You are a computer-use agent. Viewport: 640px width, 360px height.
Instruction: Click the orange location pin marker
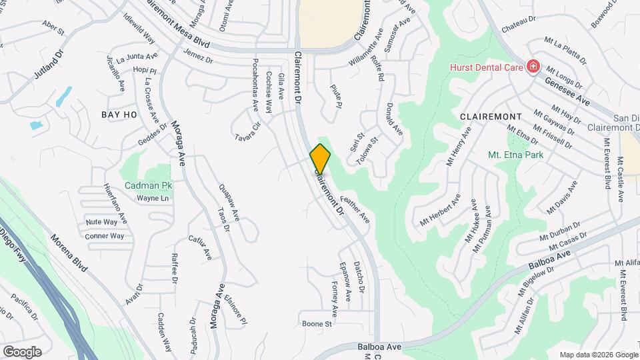321,159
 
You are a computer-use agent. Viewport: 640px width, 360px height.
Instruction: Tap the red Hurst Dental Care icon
533,66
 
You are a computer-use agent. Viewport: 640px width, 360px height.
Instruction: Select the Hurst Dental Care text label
485,66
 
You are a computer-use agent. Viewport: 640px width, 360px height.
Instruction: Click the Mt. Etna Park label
515,155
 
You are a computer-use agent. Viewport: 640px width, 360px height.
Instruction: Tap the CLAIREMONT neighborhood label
489,116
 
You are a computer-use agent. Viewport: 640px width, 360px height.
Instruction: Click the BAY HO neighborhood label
119,115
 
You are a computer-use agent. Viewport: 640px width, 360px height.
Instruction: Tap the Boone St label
317,324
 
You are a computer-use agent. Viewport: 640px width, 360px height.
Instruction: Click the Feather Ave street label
355,209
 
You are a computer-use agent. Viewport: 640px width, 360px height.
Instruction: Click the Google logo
22,351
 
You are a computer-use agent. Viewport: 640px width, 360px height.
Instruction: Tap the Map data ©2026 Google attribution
597,354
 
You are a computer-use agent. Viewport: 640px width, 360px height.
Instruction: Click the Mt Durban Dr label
557,227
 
